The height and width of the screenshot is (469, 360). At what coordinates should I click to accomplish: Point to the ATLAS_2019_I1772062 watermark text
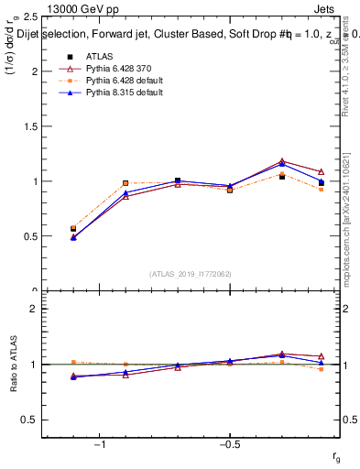pos(191,274)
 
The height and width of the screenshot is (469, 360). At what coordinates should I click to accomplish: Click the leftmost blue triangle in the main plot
pos(73,237)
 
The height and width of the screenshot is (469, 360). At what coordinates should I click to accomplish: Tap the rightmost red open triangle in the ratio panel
pos(321,356)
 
